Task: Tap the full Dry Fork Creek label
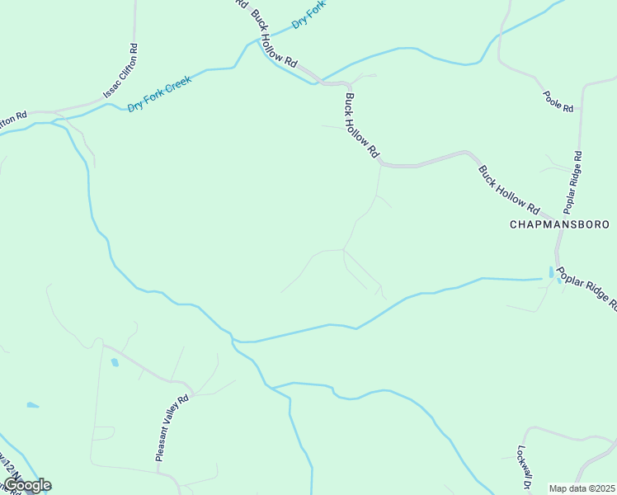[x=160, y=94]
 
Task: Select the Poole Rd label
[x=558, y=101]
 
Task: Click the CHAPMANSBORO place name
[x=559, y=224]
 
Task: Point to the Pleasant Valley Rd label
[x=172, y=427]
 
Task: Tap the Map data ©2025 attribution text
[x=582, y=488]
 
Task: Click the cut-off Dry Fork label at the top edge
[x=309, y=12]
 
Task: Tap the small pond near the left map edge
[x=32, y=405]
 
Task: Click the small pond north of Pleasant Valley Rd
[x=115, y=362]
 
